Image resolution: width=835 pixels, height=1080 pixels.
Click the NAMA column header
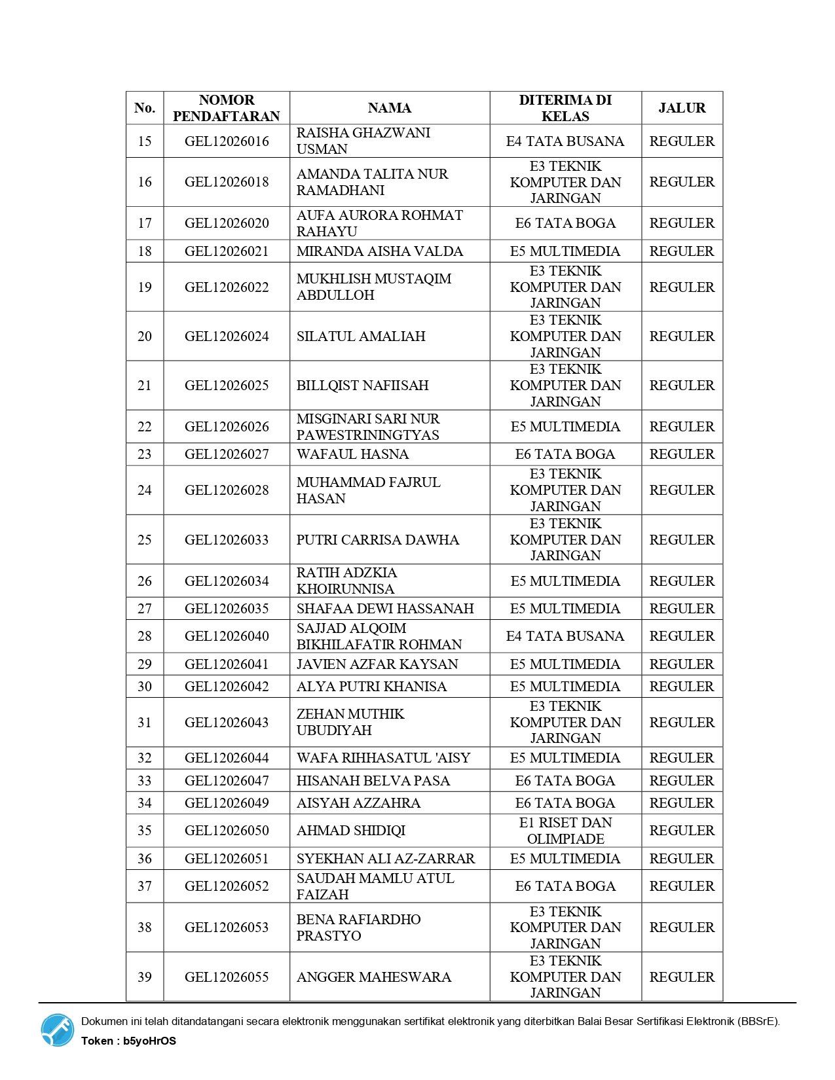click(390, 108)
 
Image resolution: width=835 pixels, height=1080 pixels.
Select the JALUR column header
click(682, 108)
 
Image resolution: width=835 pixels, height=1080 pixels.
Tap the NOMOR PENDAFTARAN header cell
click(227, 108)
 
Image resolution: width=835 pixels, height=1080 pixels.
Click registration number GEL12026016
click(227, 141)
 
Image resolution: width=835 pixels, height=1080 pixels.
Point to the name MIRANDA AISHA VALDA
click(380, 251)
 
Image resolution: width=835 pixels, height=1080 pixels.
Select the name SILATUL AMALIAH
click(361, 336)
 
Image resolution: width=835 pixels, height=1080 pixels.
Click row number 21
click(145, 386)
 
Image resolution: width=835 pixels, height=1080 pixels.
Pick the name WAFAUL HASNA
click(352, 454)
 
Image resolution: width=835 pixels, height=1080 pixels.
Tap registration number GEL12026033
click(227, 540)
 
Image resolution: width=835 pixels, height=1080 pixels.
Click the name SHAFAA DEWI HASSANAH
click(385, 609)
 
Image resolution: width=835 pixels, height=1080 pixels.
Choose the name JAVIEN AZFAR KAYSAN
click(377, 664)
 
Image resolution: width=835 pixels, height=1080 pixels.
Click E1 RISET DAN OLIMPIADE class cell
click(565, 831)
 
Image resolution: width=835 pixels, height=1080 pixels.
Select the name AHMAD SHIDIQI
click(351, 831)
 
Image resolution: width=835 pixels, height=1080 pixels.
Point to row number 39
click(145, 977)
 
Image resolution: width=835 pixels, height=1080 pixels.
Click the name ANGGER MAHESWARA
click(374, 977)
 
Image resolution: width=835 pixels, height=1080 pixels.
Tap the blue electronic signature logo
click(58, 1030)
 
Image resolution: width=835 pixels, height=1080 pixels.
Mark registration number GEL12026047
click(227, 781)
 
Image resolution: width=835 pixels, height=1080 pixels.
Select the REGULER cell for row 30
click(682, 687)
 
